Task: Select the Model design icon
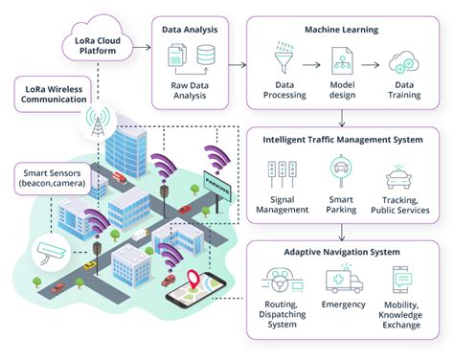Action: click(x=343, y=63)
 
